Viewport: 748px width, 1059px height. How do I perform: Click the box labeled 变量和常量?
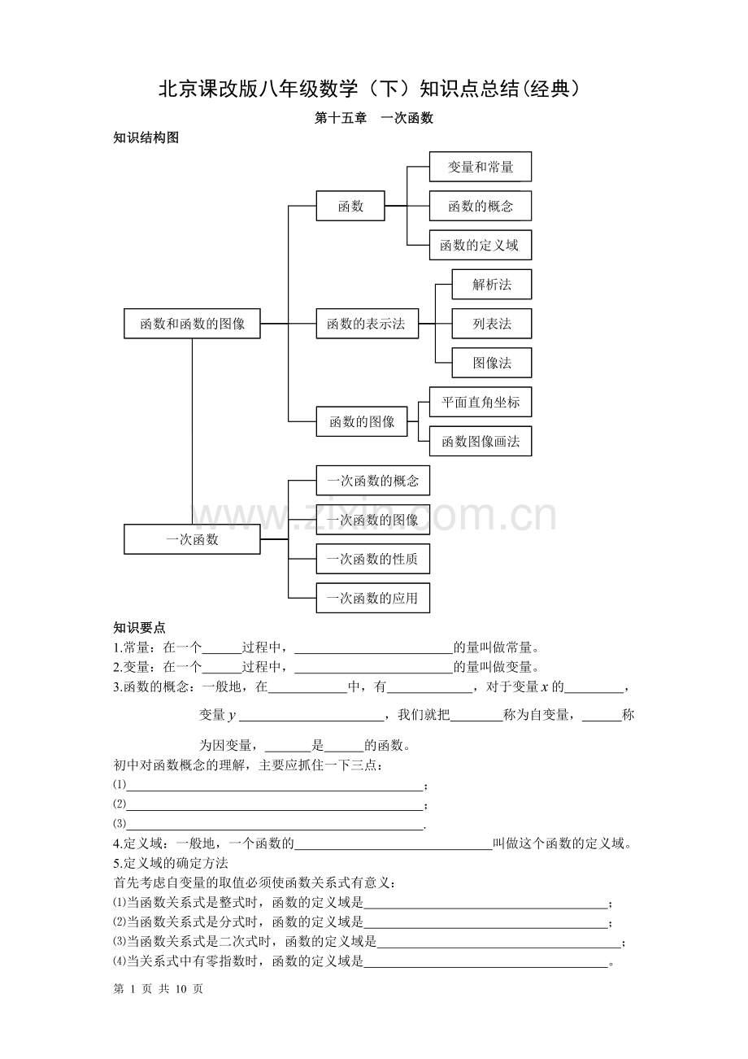[x=480, y=167]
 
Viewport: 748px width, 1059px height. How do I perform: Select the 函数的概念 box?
[x=480, y=206]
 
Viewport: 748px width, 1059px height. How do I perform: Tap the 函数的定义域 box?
[x=480, y=245]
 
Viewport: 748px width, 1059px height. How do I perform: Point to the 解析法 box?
[x=491, y=284]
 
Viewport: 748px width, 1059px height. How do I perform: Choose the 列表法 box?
[x=491, y=324]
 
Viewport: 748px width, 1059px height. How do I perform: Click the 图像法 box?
[x=491, y=363]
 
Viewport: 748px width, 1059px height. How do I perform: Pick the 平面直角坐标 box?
[x=480, y=402]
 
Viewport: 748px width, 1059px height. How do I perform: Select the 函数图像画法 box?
[x=480, y=441]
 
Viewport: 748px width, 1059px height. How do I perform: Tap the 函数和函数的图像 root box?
[x=192, y=324]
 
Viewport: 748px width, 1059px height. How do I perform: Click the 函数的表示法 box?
[x=367, y=324]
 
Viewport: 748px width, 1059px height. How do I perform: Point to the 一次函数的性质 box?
[x=373, y=559]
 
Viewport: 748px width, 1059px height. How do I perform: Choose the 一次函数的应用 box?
[x=373, y=598]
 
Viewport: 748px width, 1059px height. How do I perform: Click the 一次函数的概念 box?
[x=373, y=481]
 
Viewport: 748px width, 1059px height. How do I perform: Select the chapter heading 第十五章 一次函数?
[x=374, y=118]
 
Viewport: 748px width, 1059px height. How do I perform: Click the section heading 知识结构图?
[x=146, y=137]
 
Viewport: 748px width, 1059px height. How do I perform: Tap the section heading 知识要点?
[x=139, y=628]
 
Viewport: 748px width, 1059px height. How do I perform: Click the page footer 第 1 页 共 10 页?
[x=159, y=988]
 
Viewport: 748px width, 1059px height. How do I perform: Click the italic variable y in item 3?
[x=232, y=716]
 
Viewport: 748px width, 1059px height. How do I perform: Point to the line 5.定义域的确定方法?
[x=171, y=863]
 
